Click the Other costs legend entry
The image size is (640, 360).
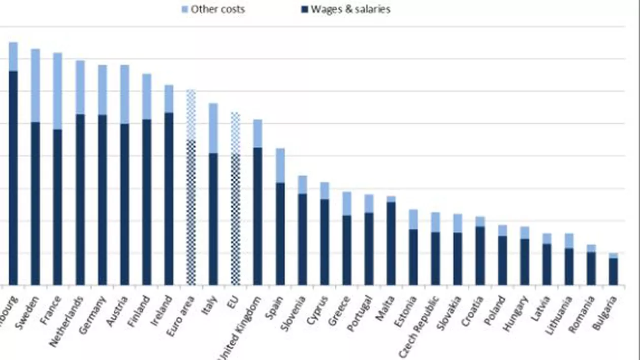tap(213, 9)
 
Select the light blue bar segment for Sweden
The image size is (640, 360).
tap(36, 85)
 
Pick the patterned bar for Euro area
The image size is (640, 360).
tap(191, 188)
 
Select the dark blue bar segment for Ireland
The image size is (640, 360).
tap(169, 198)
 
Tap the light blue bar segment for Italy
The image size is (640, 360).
tap(213, 128)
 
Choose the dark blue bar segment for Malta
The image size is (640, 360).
tap(391, 243)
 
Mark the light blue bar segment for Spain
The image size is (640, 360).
tap(280, 166)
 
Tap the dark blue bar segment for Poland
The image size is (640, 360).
tap(502, 260)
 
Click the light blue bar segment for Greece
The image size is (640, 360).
tap(346, 204)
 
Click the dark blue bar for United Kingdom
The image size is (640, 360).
tap(258, 216)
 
